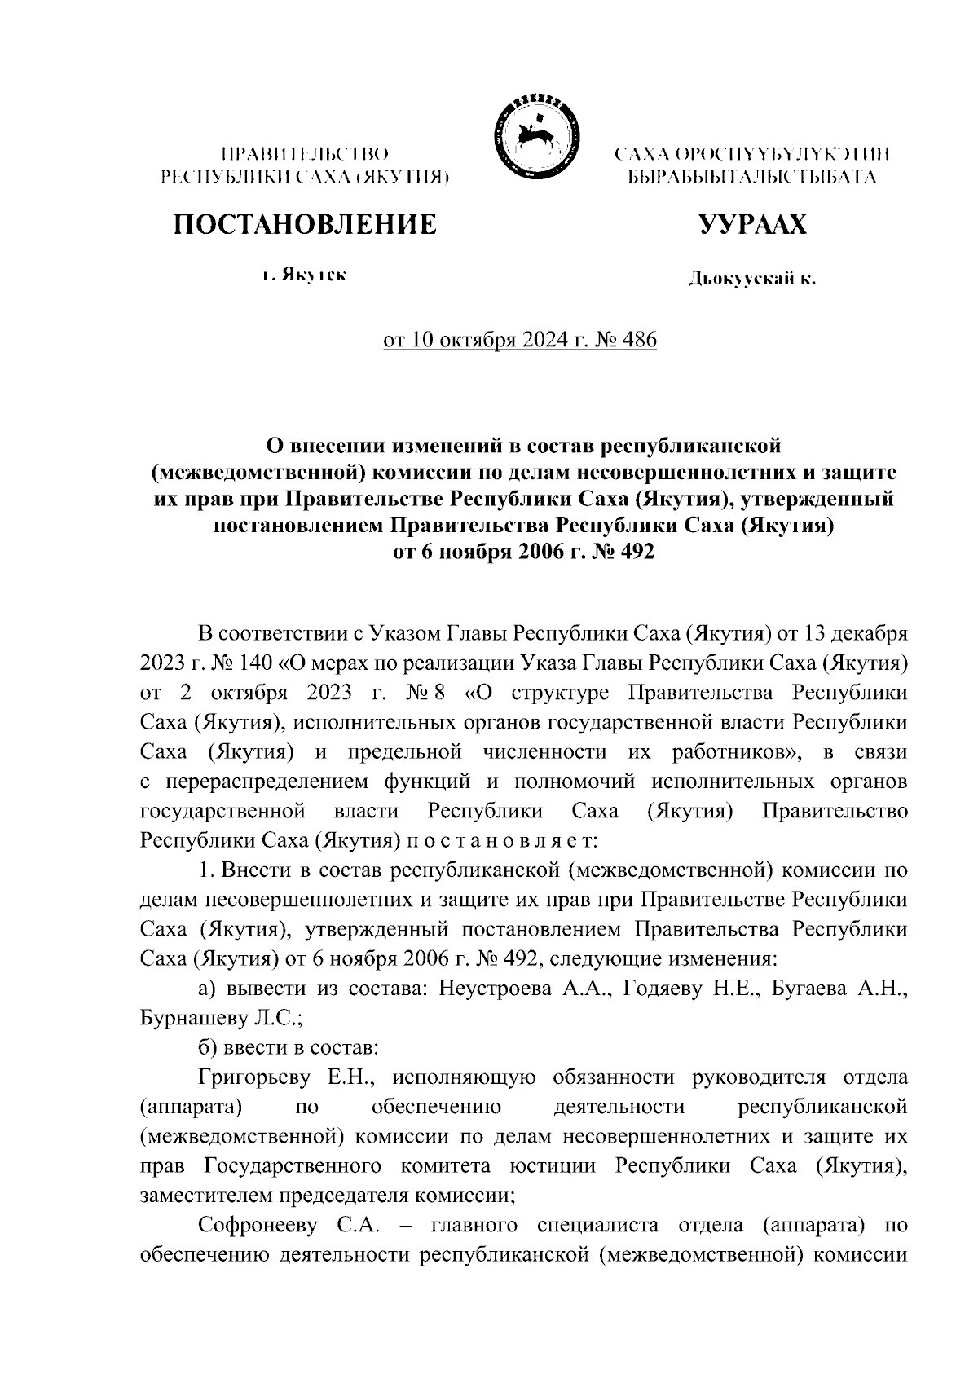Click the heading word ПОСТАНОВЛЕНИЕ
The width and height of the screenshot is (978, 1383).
(x=303, y=225)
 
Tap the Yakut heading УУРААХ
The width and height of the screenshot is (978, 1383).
(x=751, y=225)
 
